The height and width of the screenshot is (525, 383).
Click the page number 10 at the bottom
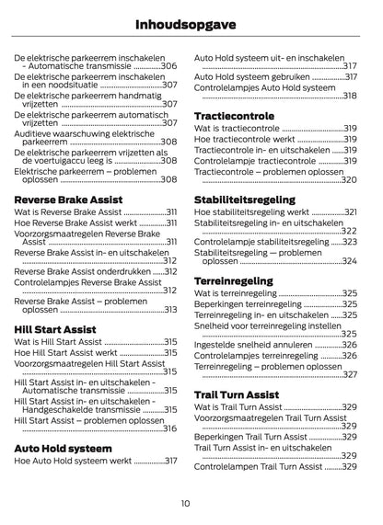pos(186,502)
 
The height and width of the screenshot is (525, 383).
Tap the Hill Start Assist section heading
pos(52,326)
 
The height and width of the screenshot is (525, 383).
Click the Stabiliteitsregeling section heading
pos(245,199)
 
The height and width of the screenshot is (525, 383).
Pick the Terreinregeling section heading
pos(234,280)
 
